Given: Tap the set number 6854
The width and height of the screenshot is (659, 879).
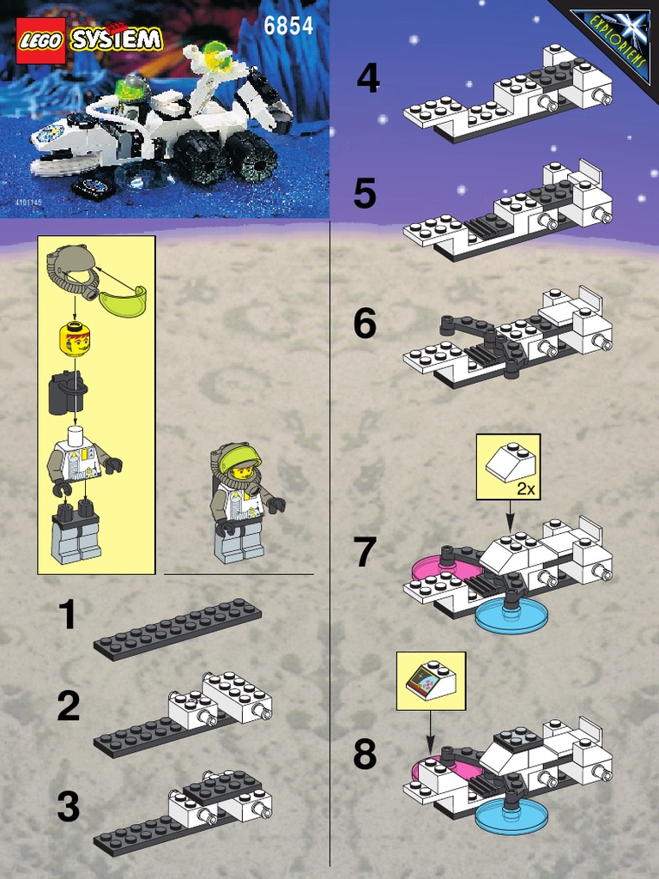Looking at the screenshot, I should (x=288, y=26).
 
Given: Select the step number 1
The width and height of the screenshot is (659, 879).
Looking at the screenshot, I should (x=67, y=615).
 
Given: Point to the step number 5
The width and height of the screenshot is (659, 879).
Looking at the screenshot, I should (x=365, y=194).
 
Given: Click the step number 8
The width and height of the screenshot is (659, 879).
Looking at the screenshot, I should (x=365, y=755).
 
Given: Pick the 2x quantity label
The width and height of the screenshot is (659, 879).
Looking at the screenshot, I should (x=526, y=489).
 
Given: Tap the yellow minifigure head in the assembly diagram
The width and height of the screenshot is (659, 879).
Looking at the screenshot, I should (x=76, y=340).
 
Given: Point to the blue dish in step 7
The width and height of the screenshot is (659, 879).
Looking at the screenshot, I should (x=511, y=616).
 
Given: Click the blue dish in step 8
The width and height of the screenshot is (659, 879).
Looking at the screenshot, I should (x=511, y=815).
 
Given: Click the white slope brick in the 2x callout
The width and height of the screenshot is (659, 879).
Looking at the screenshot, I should (x=511, y=463).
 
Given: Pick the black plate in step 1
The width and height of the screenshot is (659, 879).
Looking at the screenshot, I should (x=178, y=628).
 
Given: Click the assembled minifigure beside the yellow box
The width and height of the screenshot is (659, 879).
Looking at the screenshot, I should (x=244, y=502).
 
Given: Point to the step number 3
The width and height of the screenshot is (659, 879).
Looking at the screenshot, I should (x=68, y=807).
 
